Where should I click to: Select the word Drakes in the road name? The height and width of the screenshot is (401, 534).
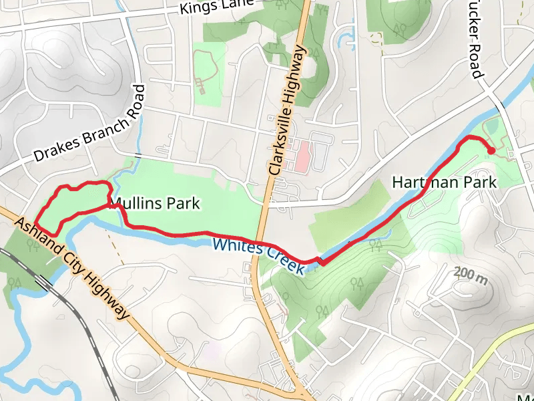click(55, 152)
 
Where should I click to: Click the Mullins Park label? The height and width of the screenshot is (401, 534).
click(155, 203)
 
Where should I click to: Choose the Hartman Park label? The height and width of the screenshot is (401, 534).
click(444, 182)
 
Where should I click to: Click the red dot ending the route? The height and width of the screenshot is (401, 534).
click(491, 151)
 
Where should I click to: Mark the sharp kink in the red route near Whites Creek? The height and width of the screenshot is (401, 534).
click(320, 261)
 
